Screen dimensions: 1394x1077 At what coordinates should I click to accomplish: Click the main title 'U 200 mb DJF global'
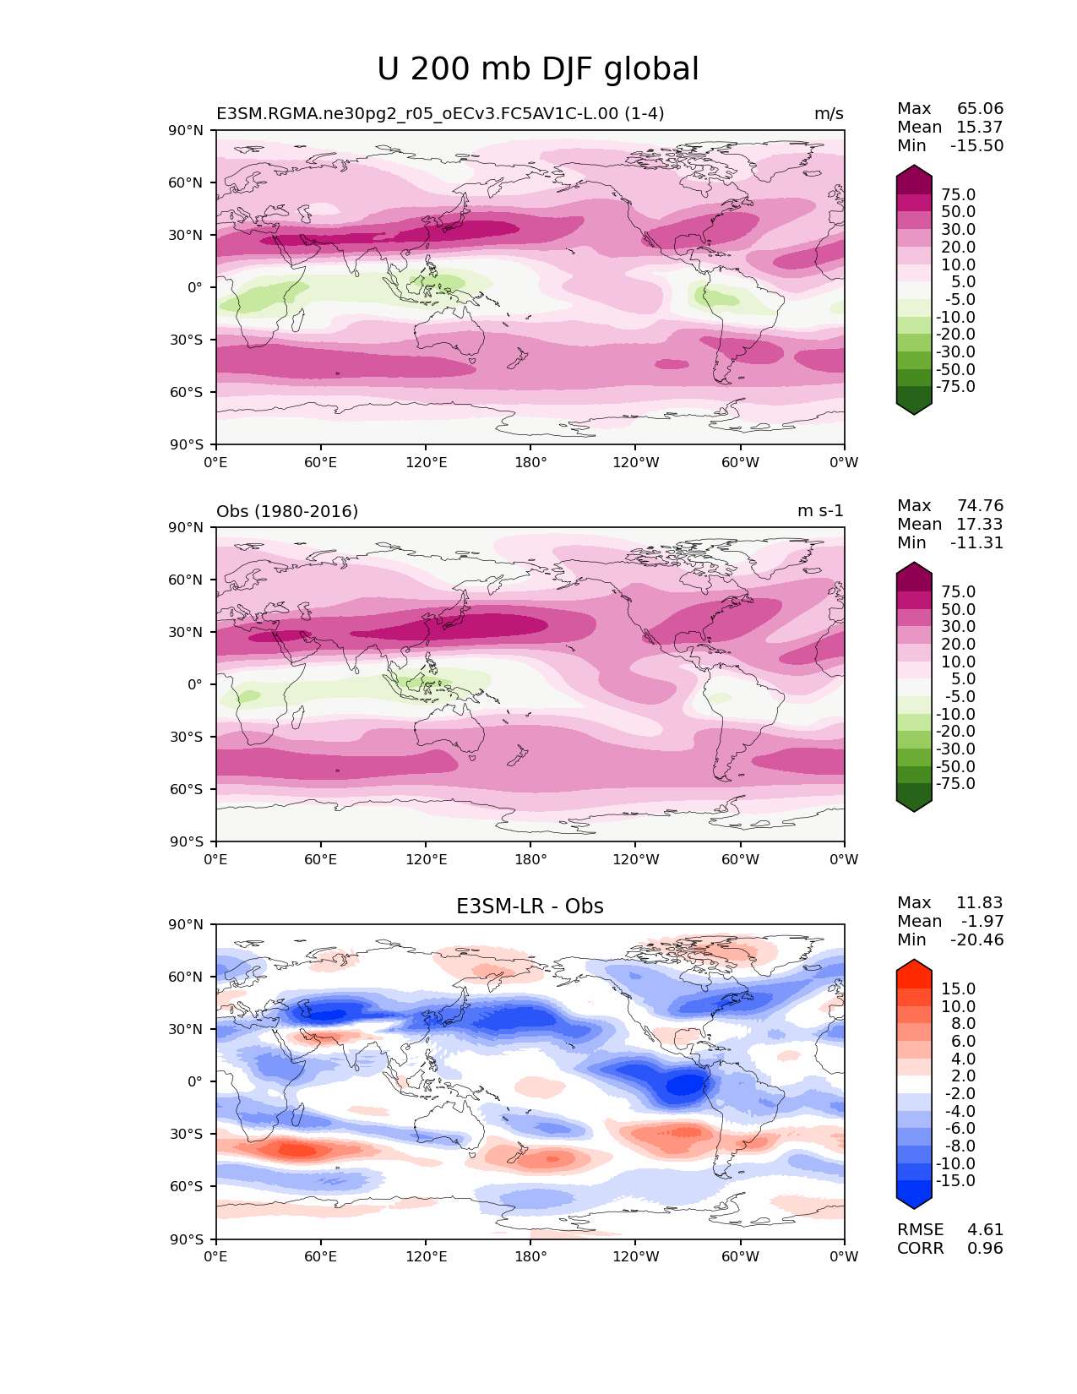[538, 69]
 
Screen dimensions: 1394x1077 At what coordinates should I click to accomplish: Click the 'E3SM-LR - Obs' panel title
[530, 907]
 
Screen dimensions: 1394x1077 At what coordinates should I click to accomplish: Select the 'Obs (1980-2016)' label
[287, 511]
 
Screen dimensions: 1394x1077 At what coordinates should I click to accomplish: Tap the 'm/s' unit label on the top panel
[828, 114]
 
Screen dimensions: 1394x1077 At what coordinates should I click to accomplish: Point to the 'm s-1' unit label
[820, 511]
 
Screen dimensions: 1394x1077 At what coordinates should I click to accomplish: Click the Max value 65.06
[980, 109]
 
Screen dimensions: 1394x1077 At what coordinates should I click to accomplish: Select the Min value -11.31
[976, 543]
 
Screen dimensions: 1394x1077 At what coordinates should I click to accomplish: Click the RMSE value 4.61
[985, 1230]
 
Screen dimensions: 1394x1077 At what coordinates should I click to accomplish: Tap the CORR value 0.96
[985, 1249]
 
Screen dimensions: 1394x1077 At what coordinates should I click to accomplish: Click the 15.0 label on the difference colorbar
[958, 988]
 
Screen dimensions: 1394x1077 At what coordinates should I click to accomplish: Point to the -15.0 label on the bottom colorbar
[955, 1181]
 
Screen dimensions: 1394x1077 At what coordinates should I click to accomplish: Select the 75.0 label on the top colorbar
[958, 195]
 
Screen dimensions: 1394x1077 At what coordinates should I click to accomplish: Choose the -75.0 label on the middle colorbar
[955, 784]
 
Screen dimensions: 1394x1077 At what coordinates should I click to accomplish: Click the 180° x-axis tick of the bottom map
[530, 1257]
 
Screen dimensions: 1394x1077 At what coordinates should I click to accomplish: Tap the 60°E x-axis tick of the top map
[321, 463]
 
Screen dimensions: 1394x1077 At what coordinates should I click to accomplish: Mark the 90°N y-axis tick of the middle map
[187, 528]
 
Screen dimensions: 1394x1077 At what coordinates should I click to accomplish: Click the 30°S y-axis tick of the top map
[187, 340]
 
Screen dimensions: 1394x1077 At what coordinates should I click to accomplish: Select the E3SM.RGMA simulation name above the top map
[440, 114]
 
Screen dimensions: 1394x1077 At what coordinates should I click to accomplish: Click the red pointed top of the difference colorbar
[914, 967]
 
